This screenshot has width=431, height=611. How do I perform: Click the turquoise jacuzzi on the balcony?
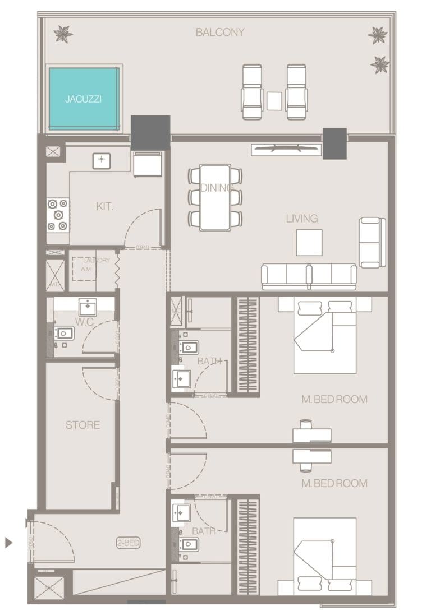84,99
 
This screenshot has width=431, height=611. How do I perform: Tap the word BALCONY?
220,33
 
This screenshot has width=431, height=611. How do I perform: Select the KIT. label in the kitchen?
104,207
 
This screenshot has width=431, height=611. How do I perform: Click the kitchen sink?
102,160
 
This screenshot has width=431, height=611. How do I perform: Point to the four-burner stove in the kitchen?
57,215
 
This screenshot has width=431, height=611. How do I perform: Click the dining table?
215,196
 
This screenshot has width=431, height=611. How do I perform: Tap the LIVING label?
302,219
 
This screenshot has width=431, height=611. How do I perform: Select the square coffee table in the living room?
309,242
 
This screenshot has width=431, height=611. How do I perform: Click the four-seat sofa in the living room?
309,275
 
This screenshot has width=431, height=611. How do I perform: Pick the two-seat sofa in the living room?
372,242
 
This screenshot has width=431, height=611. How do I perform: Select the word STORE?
82,425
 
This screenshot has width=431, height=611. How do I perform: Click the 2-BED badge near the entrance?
128,543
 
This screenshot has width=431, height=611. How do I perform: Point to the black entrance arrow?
8,542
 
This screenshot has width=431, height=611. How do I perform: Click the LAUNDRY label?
96,261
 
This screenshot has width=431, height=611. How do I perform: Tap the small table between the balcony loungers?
274,101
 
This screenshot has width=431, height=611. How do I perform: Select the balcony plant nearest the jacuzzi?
62,35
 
